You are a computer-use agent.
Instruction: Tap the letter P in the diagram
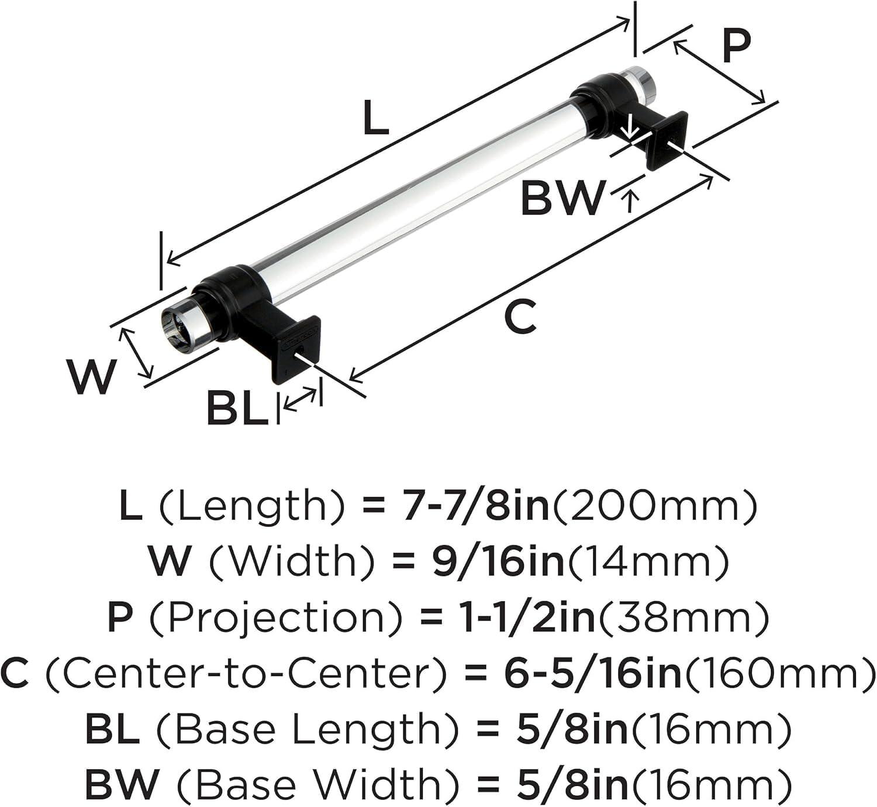pyautogui.click(x=736, y=46)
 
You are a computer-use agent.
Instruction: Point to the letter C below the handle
pyautogui.click(x=520, y=316)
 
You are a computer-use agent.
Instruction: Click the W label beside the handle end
pyautogui.click(x=91, y=376)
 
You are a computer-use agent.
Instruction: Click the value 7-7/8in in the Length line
pyautogui.click(x=476, y=506)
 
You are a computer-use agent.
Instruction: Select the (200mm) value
pyautogui.click(x=655, y=506)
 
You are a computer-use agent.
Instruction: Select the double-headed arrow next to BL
pyautogui.click(x=301, y=399)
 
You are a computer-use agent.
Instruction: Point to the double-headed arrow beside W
pyautogui.click(x=136, y=353)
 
